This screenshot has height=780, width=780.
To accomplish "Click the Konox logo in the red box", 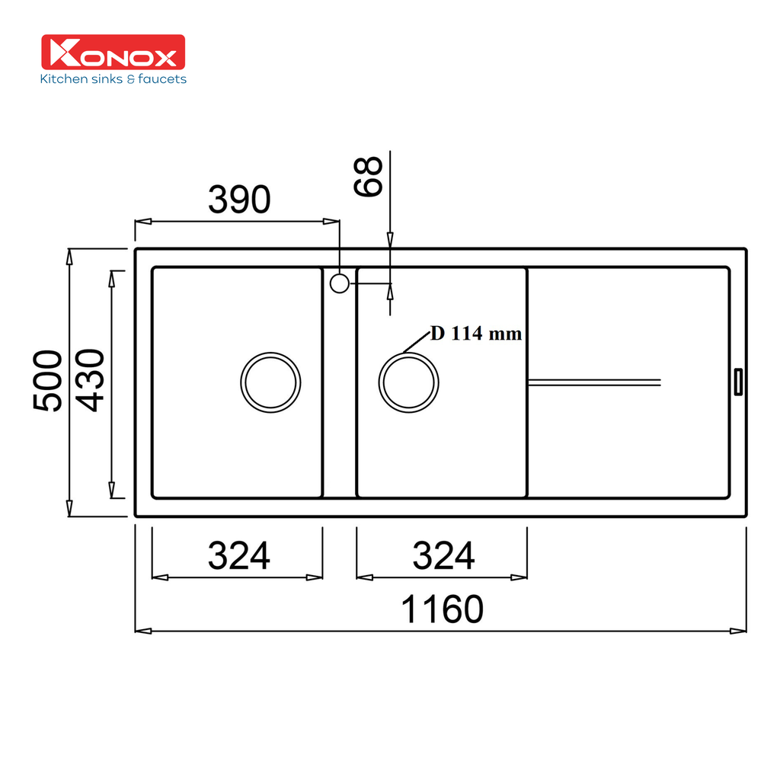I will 112,53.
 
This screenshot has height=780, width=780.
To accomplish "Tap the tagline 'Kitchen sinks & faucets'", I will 113,78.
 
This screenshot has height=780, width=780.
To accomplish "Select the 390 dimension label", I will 239,200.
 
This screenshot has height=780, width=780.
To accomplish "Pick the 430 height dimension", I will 90,381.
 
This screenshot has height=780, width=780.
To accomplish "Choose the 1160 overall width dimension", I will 442,609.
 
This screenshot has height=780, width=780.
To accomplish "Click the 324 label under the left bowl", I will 239,556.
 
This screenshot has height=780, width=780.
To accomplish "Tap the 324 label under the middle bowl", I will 443,556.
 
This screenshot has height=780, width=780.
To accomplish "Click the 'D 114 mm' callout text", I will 476,334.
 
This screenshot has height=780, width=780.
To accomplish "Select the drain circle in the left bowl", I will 270,382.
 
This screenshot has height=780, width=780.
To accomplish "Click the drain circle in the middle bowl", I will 409,382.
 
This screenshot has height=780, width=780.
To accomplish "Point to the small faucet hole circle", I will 340,283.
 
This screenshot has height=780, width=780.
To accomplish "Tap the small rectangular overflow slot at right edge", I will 737,382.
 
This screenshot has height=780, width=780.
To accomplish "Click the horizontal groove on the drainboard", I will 594,381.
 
